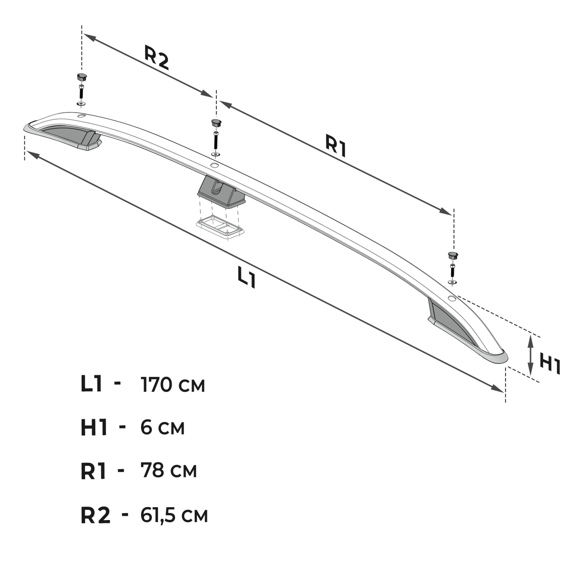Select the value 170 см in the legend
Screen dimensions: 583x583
[x=173, y=385]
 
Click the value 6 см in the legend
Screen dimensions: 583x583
[x=162, y=428]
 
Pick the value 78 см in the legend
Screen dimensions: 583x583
[x=169, y=470]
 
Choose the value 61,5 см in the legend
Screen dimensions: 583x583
[x=174, y=515]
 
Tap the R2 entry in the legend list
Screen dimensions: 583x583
[x=96, y=516]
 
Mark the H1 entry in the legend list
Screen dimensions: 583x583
[x=94, y=428]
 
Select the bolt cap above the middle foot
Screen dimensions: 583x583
[x=216, y=123]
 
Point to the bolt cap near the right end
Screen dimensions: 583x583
[x=453, y=255]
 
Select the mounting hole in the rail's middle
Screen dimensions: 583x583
[x=214, y=165]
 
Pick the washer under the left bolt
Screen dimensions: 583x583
[x=81, y=104]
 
